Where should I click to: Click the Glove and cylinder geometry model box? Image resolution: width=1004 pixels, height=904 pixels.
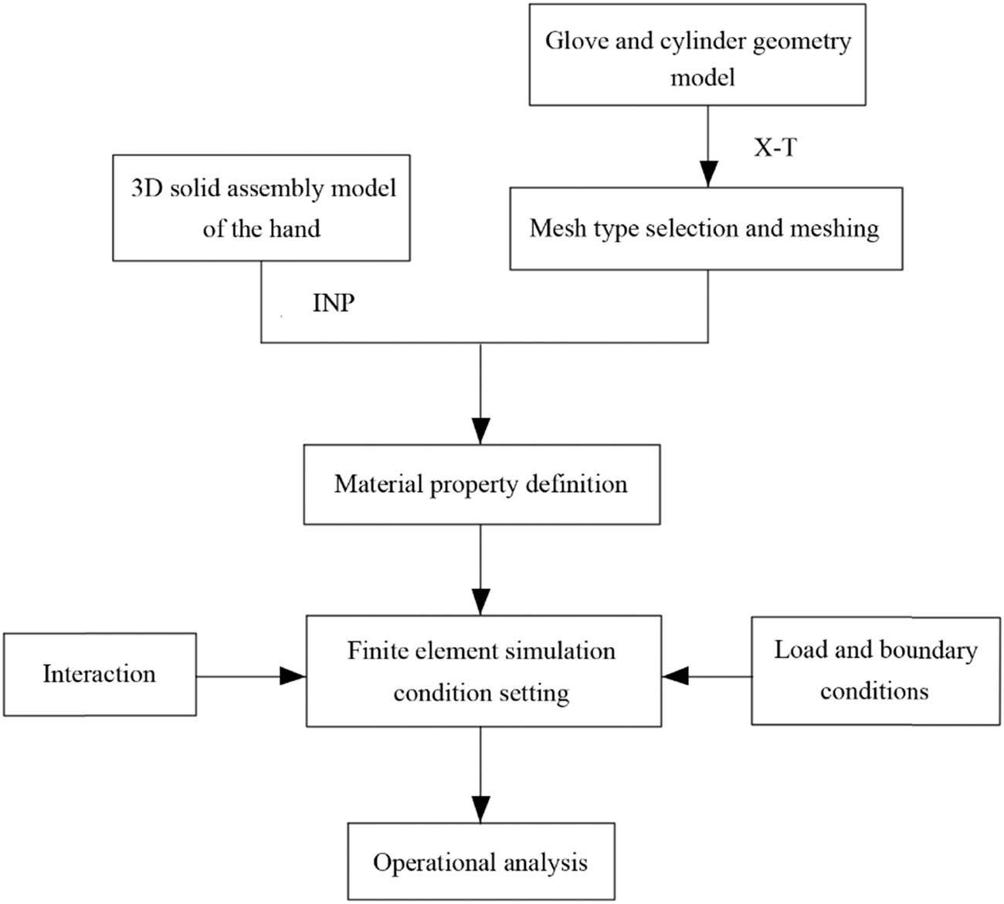(x=697, y=55)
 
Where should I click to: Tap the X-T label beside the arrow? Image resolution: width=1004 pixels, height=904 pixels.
(x=775, y=147)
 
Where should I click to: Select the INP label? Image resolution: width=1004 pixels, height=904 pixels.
(x=333, y=303)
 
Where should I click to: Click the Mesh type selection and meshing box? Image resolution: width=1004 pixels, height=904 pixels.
(x=705, y=229)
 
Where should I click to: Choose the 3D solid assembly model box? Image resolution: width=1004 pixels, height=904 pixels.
(x=261, y=208)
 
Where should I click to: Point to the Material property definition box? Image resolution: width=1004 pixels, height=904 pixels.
(x=481, y=484)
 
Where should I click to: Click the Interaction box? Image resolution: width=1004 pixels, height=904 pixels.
(x=100, y=674)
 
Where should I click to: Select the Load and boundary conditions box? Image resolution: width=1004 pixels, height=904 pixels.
(x=875, y=670)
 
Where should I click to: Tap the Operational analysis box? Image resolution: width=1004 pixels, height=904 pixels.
(x=480, y=862)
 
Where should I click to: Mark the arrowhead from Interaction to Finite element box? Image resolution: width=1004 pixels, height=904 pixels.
(x=293, y=676)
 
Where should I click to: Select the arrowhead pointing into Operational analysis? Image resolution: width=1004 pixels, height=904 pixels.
(x=480, y=809)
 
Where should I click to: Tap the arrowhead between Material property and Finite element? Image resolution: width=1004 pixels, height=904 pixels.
(x=480, y=601)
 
